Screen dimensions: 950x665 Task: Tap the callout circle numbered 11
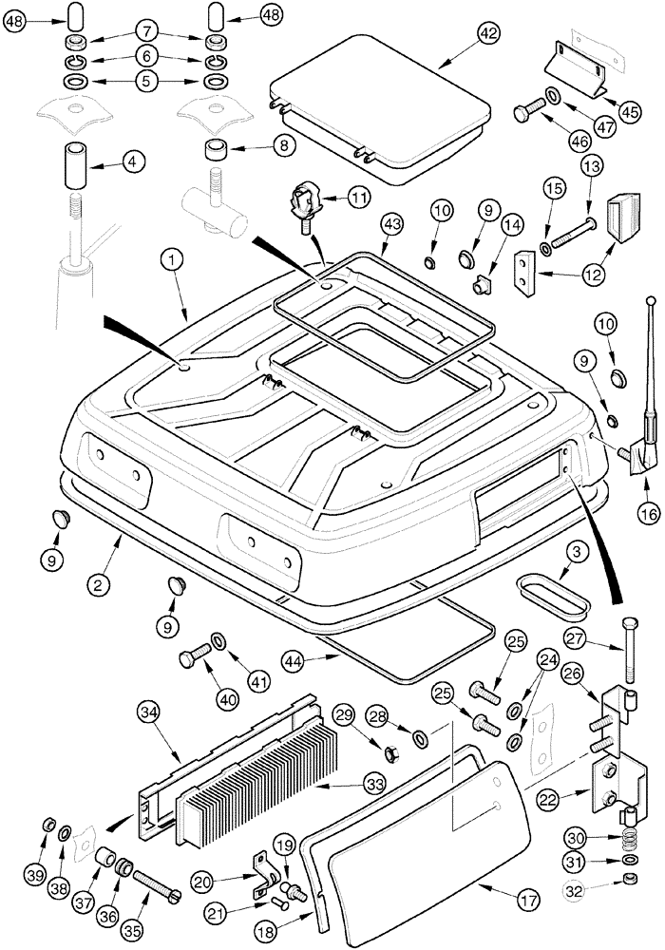tap(359, 198)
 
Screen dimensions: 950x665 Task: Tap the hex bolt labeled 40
tap(194, 658)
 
